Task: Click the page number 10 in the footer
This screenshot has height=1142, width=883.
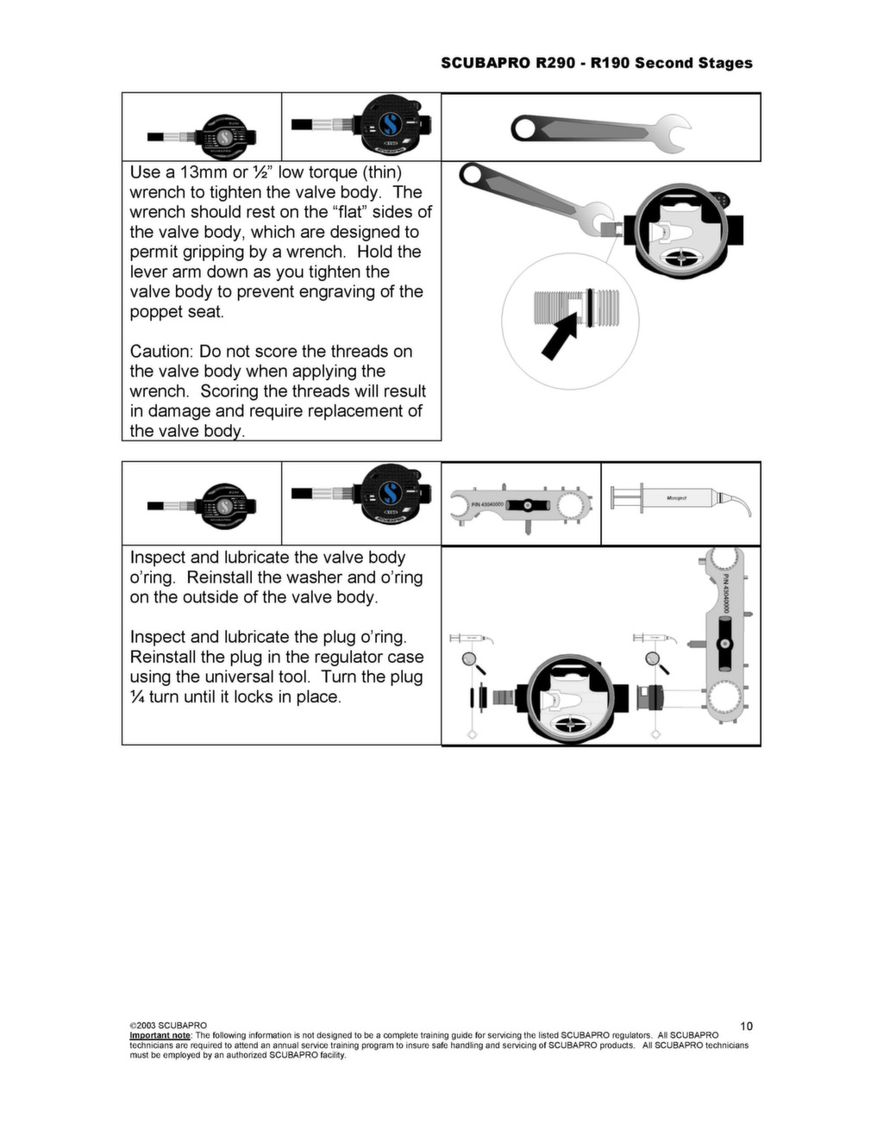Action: tap(746, 1026)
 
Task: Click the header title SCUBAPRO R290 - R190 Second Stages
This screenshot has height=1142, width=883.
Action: tap(596, 63)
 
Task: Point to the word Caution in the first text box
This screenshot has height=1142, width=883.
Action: tap(161, 352)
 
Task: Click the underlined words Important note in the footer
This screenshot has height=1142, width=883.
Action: tap(160, 1035)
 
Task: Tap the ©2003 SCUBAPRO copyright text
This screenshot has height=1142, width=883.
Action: tap(168, 1026)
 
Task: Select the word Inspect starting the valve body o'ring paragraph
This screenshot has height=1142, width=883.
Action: tap(157, 558)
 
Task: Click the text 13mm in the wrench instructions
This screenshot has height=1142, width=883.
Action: tap(203, 172)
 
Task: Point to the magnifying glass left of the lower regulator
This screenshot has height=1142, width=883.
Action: tap(471, 661)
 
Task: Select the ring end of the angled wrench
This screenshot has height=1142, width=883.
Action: tap(472, 174)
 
